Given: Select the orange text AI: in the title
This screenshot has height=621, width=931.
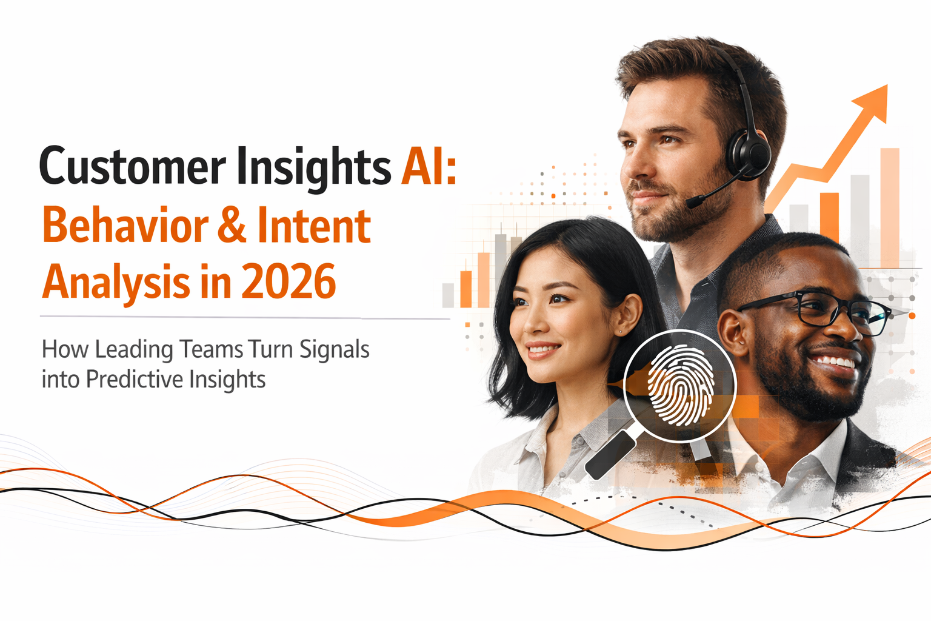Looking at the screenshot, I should (x=428, y=165).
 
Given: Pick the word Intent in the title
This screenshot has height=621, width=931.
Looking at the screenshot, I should (x=313, y=226).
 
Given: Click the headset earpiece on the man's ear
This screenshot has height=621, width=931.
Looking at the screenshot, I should (x=749, y=152).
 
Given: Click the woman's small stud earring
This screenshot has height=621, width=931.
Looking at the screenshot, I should (x=619, y=332).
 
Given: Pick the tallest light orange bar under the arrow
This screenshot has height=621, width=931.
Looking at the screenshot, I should (x=889, y=206).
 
